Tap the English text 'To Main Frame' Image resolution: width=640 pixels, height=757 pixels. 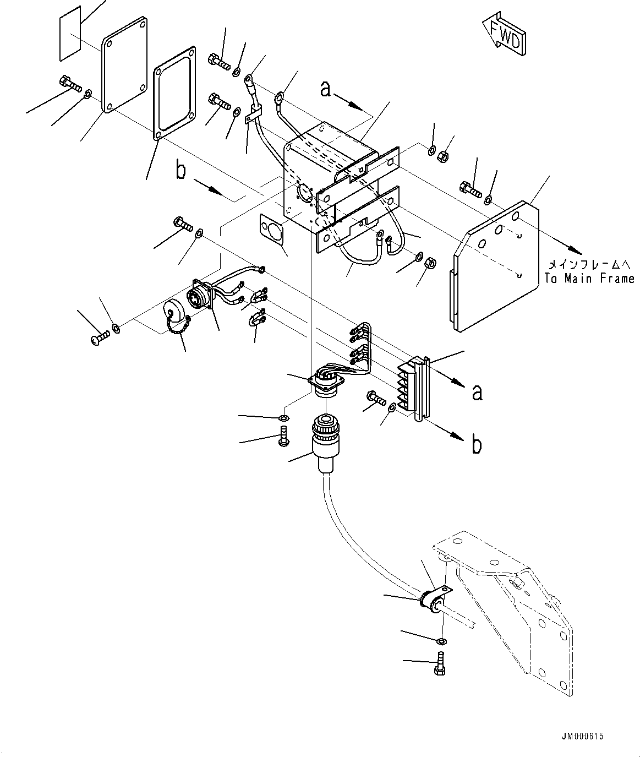click(589, 279)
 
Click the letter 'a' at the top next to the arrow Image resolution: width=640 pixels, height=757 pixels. click(326, 89)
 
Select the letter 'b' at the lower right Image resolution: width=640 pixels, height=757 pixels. click(477, 444)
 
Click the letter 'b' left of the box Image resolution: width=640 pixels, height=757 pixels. click(180, 171)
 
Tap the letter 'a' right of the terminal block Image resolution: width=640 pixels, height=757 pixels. click(477, 391)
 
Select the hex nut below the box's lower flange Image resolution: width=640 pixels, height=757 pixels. click(431, 263)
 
